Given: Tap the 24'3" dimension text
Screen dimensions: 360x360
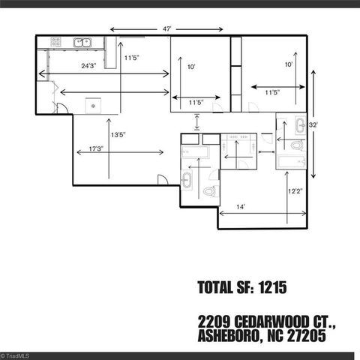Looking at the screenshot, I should point(88,66).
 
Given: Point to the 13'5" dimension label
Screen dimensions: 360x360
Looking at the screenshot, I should point(118,135).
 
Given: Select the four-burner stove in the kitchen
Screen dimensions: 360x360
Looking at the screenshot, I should point(55,43).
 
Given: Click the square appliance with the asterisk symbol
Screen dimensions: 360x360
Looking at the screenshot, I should point(93,106).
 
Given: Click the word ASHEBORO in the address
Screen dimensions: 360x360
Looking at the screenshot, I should point(226,337).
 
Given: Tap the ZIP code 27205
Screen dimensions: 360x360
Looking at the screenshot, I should point(306,337).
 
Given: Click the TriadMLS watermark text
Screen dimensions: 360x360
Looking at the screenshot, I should point(15,355).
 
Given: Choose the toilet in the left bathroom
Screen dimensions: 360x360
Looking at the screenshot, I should point(209,192).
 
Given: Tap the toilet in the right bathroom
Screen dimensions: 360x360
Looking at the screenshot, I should point(296,144).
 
